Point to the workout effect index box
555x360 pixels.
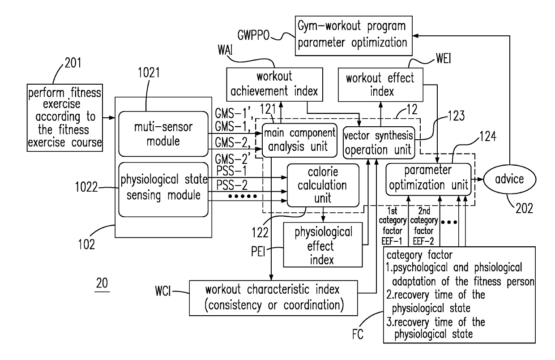pyautogui.click(x=380, y=85)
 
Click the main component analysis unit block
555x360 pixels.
pyautogui.click(x=299, y=140)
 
